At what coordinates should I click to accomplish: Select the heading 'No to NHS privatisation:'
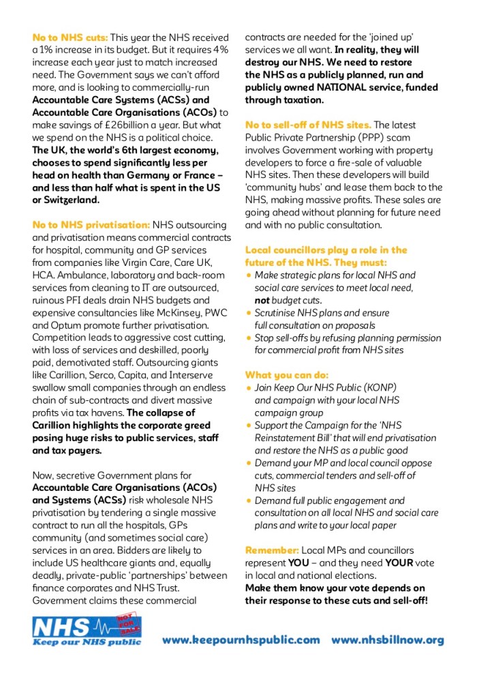pos(91,225)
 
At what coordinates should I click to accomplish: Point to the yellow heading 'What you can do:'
pos(286,375)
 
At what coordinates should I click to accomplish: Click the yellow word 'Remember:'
pos(272,550)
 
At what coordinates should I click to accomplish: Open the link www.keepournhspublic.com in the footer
pos(241,640)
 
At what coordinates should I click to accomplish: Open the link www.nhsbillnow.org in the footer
pos(388,640)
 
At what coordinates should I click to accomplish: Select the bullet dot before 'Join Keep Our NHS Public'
pos(249,388)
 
